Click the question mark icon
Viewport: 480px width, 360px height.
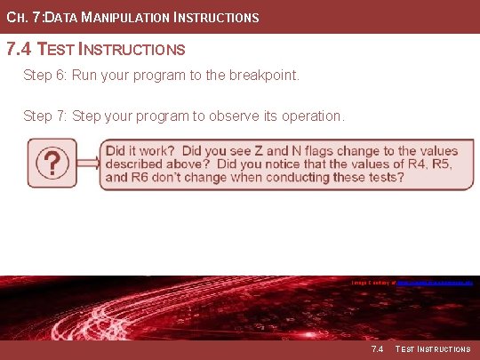pyautogui.click(x=54, y=163)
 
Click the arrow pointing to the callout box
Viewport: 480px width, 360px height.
pyautogui.click(x=88, y=163)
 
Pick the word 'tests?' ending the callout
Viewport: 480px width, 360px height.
pyautogui.click(x=385, y=178)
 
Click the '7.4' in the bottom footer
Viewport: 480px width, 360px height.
pyautogui.click(x=377, y=349)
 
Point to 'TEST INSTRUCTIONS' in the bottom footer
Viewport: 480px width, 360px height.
pyautogui.click(x=433, y=349)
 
